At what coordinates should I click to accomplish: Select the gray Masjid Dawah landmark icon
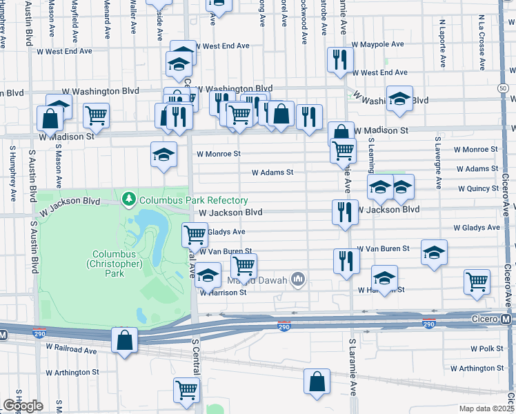click(298, 279)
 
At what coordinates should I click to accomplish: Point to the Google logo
click(23, 406)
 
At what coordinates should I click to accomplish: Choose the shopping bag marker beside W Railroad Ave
click(124, 340)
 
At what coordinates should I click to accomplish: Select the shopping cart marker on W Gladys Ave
click(195, 235)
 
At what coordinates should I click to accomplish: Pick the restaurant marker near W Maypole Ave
click(339, 60)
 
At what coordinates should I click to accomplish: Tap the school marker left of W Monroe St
click(163, 155)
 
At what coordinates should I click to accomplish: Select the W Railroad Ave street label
click(72, 351)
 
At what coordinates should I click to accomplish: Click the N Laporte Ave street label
click(441, 41)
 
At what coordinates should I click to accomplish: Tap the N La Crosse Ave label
click(481, 41)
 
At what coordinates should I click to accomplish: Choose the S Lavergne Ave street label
click(437, 162)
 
